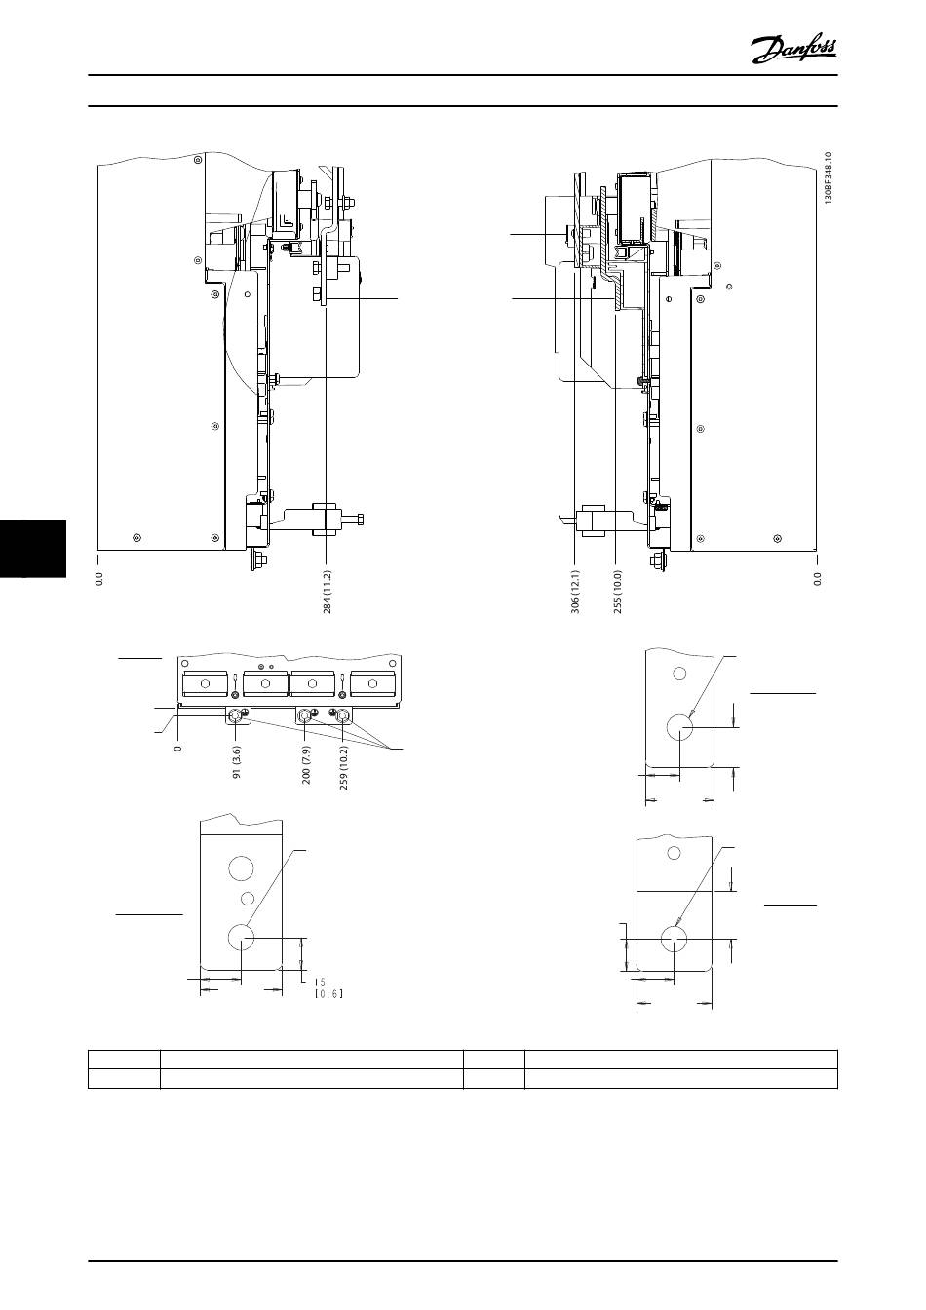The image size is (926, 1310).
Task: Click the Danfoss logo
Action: (x=793, y=51)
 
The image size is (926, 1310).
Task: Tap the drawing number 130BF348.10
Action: (x=828, y=177)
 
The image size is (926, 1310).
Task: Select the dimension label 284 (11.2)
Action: (x=327, y=592)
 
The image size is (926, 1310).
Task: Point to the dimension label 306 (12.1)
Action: (x=575, y=592)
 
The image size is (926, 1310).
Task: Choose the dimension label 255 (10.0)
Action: (x=618, y=592)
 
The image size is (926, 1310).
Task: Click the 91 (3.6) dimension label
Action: (x=237, y=762)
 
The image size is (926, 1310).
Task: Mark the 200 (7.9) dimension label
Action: (x=306, y=764)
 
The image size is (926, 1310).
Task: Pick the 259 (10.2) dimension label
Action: (x=344, y=767)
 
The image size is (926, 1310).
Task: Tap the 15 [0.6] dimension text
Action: (x=328, y=987)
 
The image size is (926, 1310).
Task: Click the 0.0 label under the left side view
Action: (x=99, y=578)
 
